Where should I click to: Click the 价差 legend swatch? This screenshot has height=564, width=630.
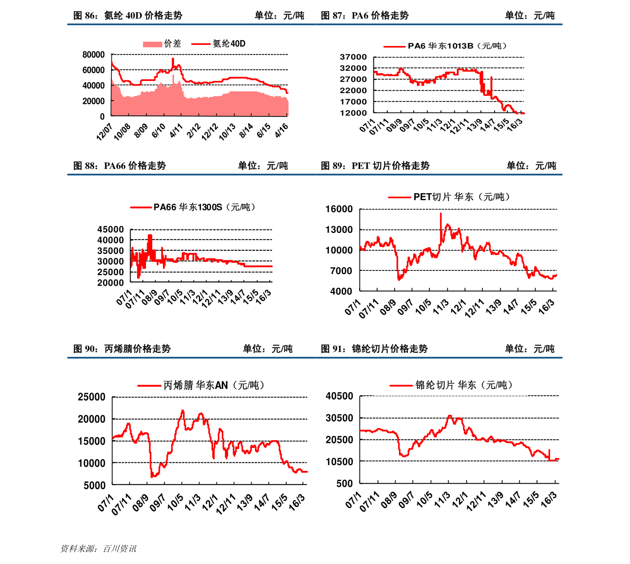pos(152,44)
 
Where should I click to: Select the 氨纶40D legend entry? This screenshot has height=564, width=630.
pos(229,44)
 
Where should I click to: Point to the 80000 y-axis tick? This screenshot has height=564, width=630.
pos(94,54)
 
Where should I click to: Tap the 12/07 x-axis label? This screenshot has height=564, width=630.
pos(105,132)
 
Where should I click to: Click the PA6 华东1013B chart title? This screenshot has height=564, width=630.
pos(457,46)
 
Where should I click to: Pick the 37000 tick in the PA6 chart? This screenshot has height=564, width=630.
pos(353,57)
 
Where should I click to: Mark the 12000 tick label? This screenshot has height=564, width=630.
pos(353,113)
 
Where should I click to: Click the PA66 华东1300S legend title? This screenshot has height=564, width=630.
pos(204,207)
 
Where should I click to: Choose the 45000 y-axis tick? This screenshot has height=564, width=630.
pos(111,230)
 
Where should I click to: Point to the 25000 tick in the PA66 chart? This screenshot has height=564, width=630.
pos(111,272)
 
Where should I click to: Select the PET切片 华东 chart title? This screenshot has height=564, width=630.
pos(461,197)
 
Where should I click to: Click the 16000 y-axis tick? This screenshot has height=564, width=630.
pos(339,209)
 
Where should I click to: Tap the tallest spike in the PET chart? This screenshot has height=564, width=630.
pos(441,214)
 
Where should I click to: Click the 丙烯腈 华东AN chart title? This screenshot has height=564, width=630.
pos(213,385)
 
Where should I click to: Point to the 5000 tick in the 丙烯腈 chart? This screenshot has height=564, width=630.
pos(95,485)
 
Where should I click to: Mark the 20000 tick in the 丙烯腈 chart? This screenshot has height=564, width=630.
pos(92,419)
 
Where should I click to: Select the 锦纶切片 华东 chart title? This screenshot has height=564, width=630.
pos(463,385)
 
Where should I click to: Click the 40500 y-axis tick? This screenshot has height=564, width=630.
pos(339,396)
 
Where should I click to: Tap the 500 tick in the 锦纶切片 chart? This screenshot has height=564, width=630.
pos(344,483)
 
